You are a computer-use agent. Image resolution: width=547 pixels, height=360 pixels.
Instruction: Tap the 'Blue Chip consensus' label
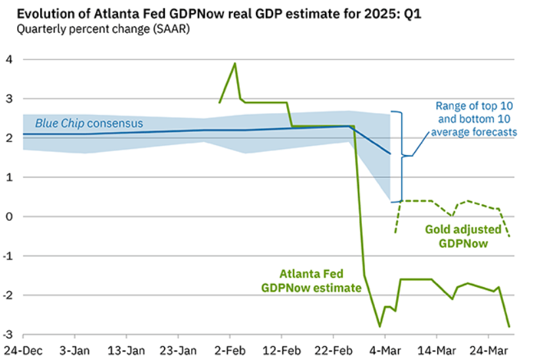point(89,123)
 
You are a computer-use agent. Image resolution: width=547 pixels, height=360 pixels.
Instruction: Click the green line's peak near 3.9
point(235,64)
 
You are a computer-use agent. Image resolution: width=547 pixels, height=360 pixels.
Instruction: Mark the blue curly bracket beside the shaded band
point(399,156)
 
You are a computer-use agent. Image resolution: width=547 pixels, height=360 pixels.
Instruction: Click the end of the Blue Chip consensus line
point(390,154)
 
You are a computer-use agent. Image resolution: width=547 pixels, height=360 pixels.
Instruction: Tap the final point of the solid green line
point(509,326)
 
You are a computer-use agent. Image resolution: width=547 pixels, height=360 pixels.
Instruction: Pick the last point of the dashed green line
point(509,236)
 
